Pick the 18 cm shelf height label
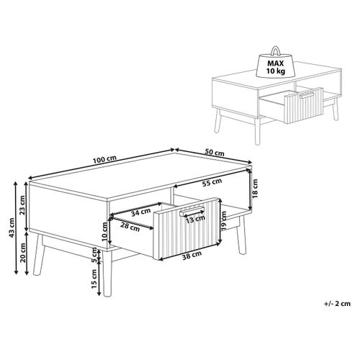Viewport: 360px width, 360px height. [254, 189]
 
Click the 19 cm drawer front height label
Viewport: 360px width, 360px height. [225, 231]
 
